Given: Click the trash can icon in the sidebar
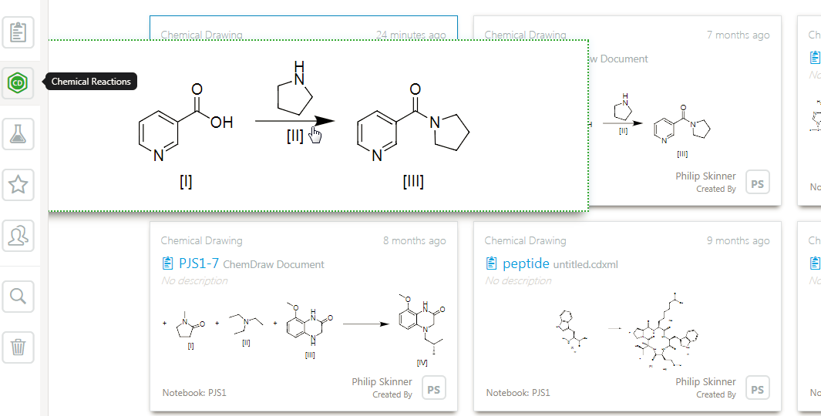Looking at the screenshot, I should (x=19, y=347).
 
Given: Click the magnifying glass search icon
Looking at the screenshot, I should (x=19, y=296).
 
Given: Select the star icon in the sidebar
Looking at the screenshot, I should (x=19, y=185).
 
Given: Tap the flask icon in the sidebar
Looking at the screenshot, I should (x=19, y=135).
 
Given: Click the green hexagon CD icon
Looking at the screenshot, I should (x=19, y=82).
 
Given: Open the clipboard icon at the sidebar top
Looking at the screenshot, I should (x=19, y=33).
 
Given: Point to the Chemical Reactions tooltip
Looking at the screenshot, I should (x=91, y=82).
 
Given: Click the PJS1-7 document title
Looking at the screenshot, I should (x=199, y=263).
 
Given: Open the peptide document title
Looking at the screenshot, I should (x=526, y=263).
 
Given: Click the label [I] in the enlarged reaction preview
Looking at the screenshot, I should (x=186, y=182).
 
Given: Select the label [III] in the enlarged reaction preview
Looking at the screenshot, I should (x=413, y=182).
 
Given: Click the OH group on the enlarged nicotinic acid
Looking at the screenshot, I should (x=221, y=122).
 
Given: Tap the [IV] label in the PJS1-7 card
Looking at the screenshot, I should (x=422, y=361).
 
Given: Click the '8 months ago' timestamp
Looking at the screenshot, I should (x=414, y=240).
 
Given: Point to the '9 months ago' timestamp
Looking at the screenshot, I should (x=738, y=240).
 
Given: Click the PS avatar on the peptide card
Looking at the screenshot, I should (x=757, y=389).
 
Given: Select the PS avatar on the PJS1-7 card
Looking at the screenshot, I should (x=433, y=389).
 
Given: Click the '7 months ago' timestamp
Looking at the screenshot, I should (x=738, y=35).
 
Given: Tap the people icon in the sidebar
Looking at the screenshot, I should (x=19, y=236).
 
